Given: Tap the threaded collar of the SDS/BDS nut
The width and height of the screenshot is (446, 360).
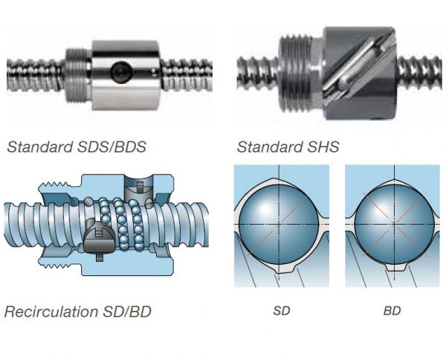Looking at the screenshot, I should [77, 73].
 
